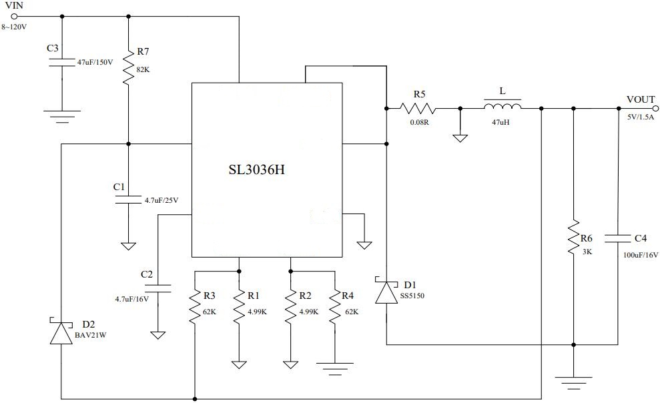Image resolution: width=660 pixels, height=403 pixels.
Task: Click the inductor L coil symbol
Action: click(502, 107)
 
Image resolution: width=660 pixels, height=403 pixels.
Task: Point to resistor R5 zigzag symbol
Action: click(418, 108)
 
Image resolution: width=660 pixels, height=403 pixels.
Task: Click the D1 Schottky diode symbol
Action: click(387, 292)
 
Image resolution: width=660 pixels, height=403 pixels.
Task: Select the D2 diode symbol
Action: click(61, 332)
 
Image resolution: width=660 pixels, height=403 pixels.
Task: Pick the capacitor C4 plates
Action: click(618, 238)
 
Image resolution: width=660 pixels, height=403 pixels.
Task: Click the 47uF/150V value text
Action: click(95, 61)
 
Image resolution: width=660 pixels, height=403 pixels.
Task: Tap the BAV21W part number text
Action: click(89, 336)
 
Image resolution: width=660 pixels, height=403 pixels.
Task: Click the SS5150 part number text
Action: click(412, 295)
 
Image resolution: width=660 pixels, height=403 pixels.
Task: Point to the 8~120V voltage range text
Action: click(15, 27)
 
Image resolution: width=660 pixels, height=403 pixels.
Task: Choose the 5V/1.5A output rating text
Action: click(641, 117)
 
